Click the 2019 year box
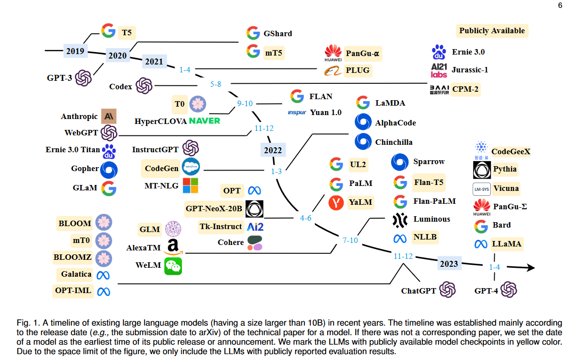point(75,51)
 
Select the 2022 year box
point(273,150)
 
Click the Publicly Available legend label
point(492,31)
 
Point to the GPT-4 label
point(486,291)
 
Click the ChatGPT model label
point(418,291)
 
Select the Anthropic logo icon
point(109,117)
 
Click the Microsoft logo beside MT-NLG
point(190,186)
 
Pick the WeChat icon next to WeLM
point(173,266)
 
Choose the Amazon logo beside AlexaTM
point(173,246)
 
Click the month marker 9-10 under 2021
point(245,104)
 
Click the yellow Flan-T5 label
point(429,182)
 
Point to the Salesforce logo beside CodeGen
point(190,168)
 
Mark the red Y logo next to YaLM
point(336,202)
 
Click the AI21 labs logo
point(439,70)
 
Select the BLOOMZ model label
point(72,258)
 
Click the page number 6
point(560,5)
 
